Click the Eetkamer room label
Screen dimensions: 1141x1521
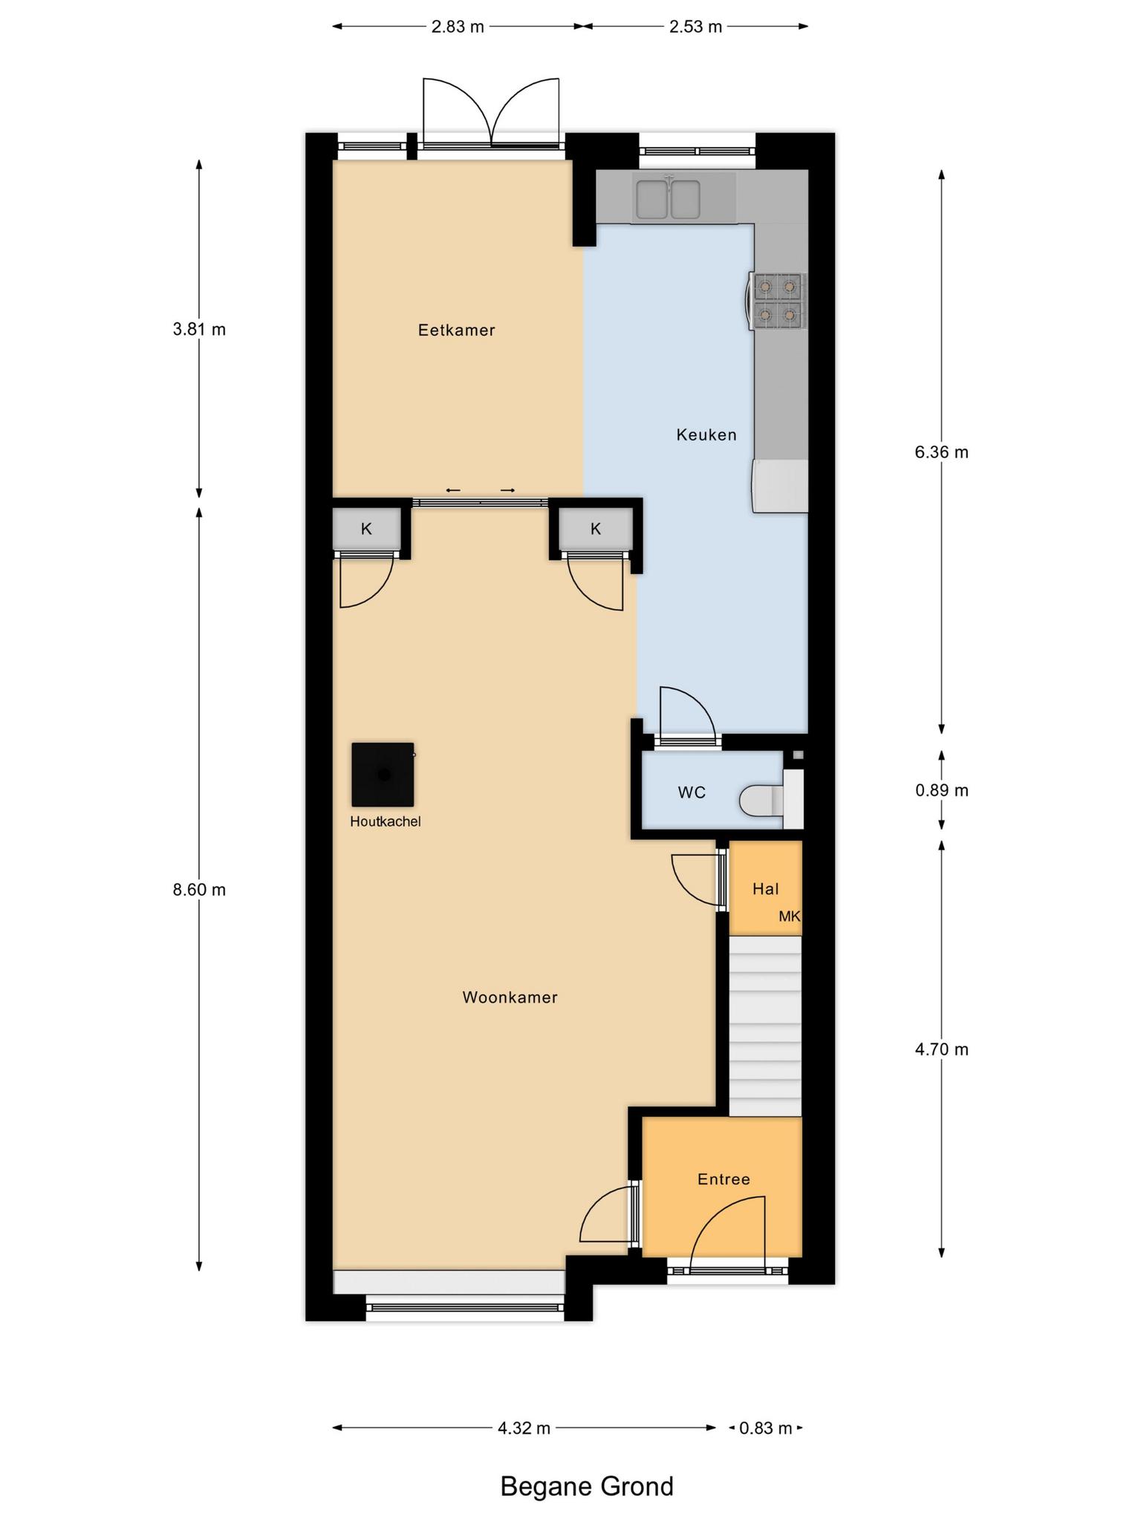click(456, 330)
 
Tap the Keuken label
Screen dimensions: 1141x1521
click(706, 434)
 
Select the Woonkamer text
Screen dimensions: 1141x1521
click(510, 997)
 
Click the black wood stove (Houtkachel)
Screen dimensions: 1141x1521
click(383, 775)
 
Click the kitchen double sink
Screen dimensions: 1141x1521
click(666, 198)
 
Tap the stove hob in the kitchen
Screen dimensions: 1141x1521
click(777, 301)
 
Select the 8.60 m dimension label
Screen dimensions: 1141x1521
click(199, 890)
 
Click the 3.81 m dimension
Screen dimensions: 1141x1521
click(199, 329)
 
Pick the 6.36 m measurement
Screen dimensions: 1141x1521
click(942, 452)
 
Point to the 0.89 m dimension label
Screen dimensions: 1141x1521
click(942, 790)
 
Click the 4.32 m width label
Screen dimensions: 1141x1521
click(524, 1427)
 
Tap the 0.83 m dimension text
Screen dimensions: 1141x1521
click(766, 1427)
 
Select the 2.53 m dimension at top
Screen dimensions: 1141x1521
click(695, 27)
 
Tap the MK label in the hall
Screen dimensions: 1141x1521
click(790, 916)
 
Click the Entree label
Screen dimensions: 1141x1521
click(724, 1179)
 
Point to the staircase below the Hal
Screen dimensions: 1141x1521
click(765, 1026)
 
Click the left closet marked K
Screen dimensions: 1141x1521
click(366, 530)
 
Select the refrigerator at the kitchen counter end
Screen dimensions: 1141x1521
click(780, 486)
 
